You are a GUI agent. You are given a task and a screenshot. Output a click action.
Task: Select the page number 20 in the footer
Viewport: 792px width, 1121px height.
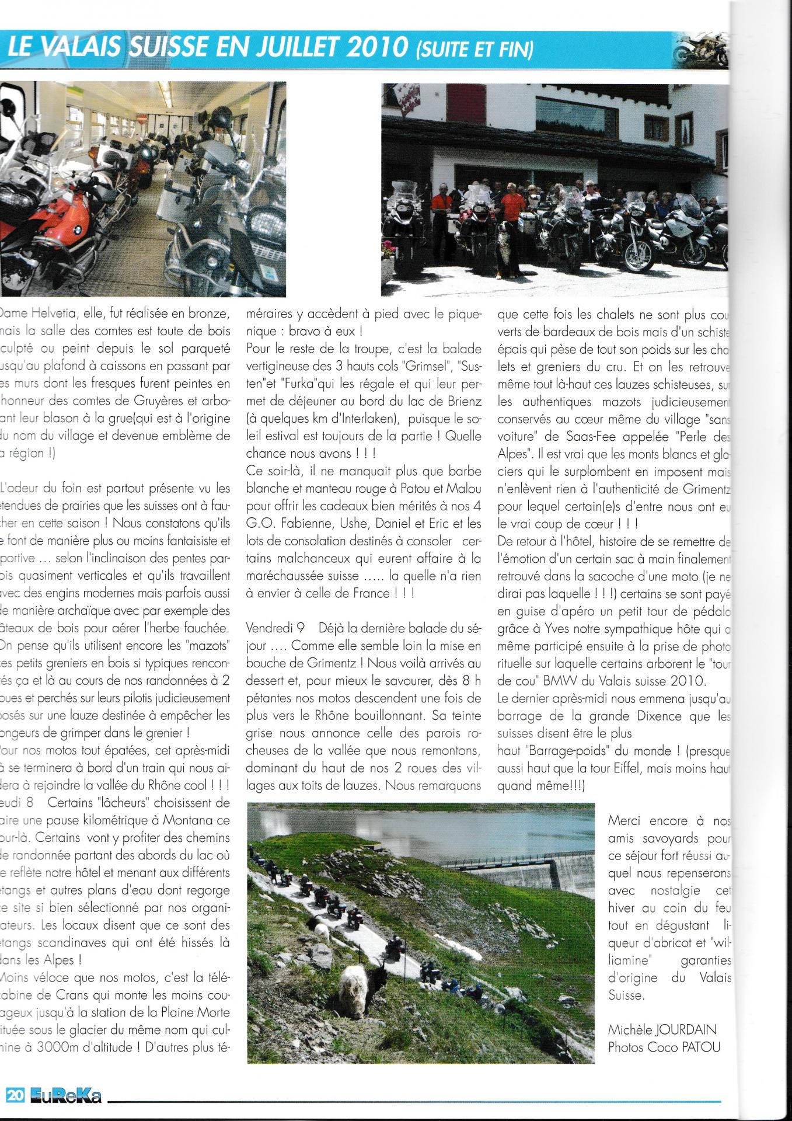click(16, 1096)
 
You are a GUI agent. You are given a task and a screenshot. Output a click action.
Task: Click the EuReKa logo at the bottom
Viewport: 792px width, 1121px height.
click(65, 1096)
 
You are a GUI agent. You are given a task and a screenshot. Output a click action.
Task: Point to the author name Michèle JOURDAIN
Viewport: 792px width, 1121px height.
click(662, 1029)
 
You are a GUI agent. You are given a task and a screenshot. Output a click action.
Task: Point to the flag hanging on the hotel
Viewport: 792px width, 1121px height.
click(406, 96)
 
